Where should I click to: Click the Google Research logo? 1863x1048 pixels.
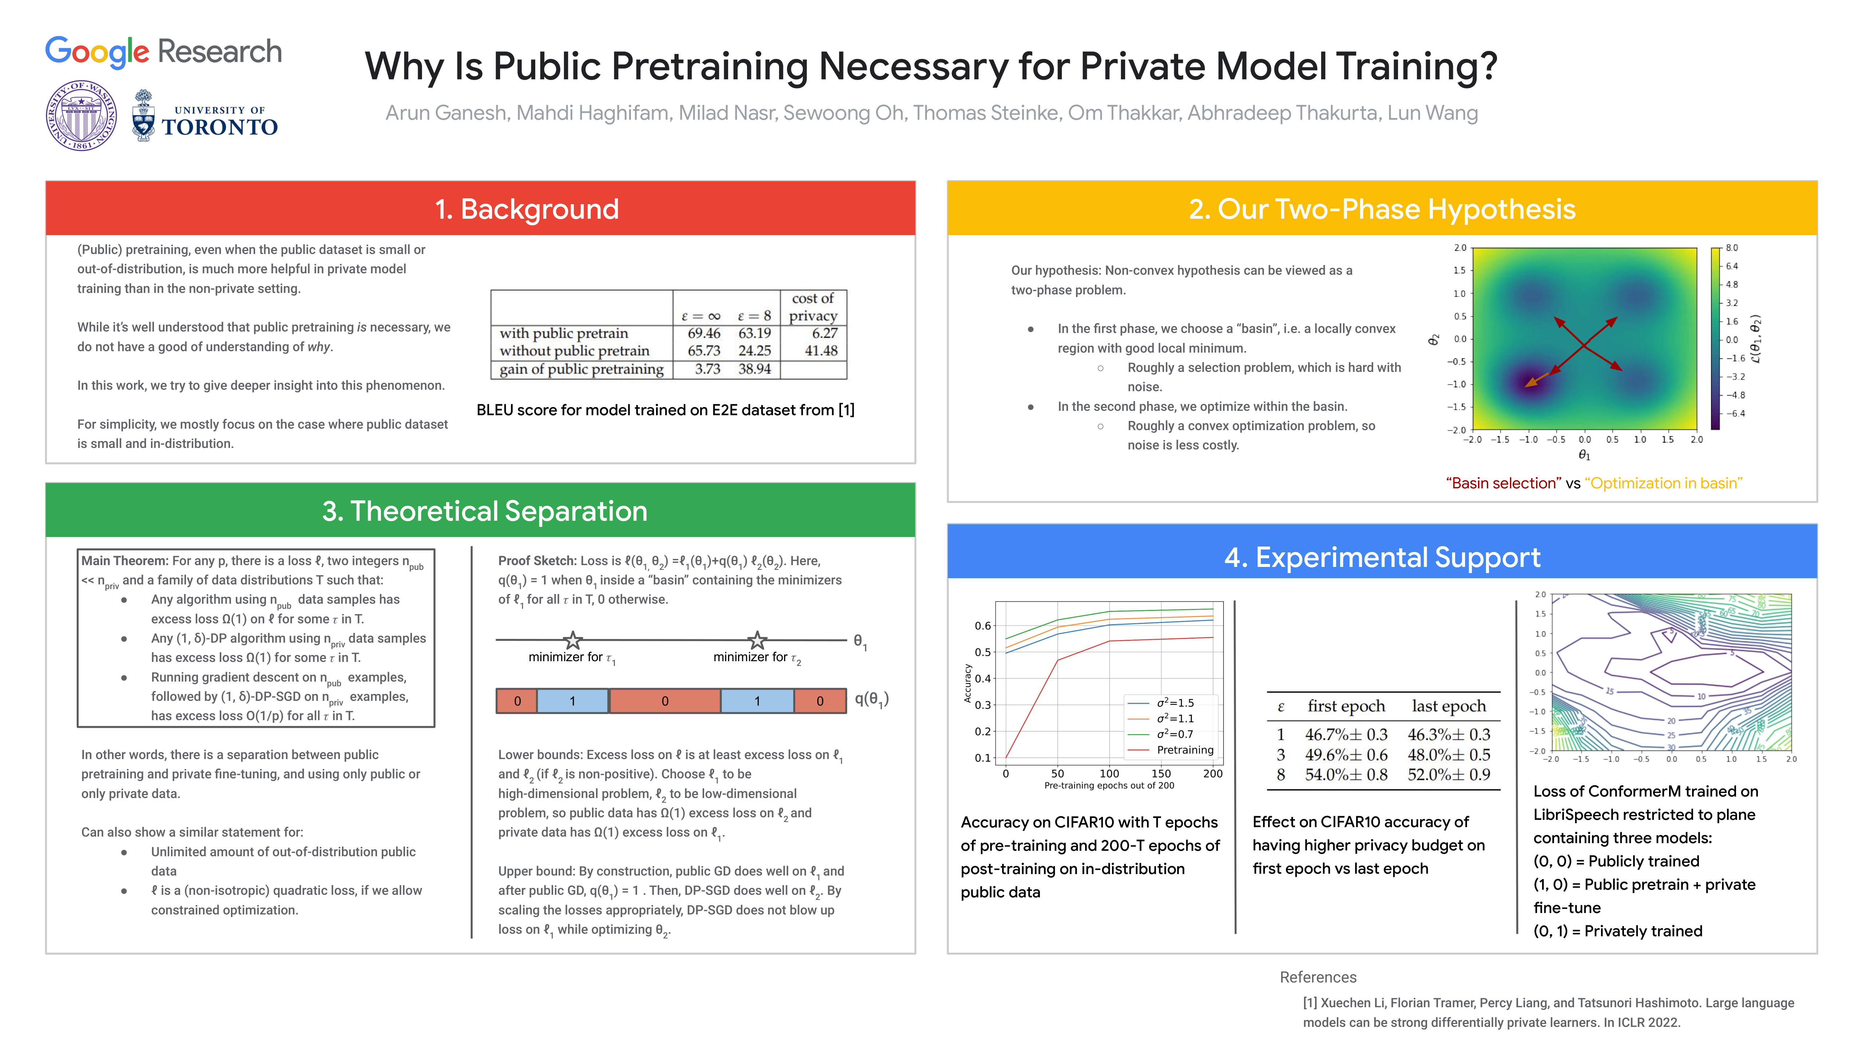click(x=163, y=52)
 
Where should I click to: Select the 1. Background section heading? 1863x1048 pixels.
click(x=527, y=209)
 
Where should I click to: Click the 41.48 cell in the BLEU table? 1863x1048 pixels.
click(x=821, y=351)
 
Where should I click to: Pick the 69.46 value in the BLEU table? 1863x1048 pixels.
click(x=704, y=333)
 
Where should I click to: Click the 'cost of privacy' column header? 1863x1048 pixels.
click(x=813, y=307)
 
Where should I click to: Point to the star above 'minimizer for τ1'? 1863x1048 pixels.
click(x=573, y=640)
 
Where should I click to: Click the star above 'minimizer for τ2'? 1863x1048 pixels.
click(x=757, y=640)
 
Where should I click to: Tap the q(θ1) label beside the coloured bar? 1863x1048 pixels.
click(x=871, y=699)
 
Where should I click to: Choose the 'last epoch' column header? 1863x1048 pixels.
click(x=1449, y=706)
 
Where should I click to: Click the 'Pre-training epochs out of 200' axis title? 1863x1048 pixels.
click(x=1109, y=786)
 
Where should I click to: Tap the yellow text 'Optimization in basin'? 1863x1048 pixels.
click(x=1663, y=483)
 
